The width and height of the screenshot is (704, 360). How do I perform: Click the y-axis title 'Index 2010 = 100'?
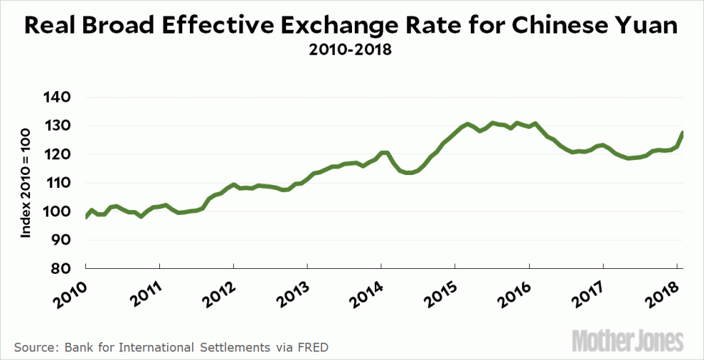click(26, 184)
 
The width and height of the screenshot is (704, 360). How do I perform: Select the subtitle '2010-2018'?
click(351, 52)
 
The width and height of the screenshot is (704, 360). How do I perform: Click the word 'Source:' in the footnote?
click(35, 347)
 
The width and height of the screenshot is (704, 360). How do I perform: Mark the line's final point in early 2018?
click(683, 132)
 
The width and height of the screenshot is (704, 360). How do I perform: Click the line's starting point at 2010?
click(85, 217)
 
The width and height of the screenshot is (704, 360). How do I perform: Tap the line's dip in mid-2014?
click(408, 172)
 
